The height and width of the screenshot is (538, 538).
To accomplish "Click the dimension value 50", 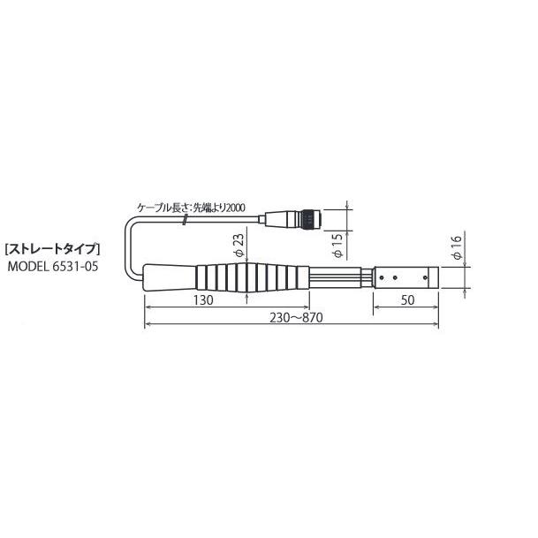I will [x=407, y=300].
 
